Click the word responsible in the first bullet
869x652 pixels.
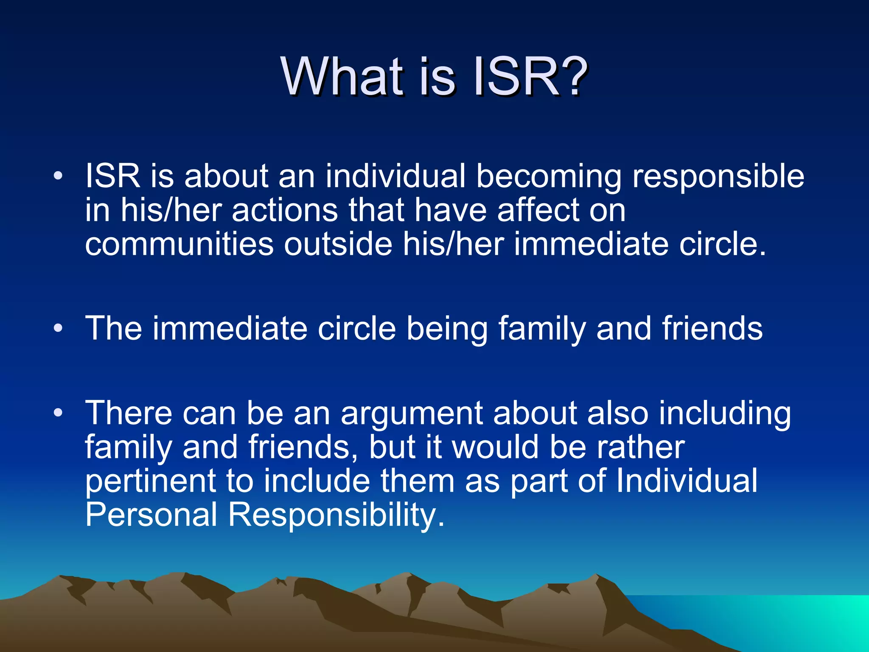[718, 177]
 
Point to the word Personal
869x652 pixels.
[151, 515]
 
